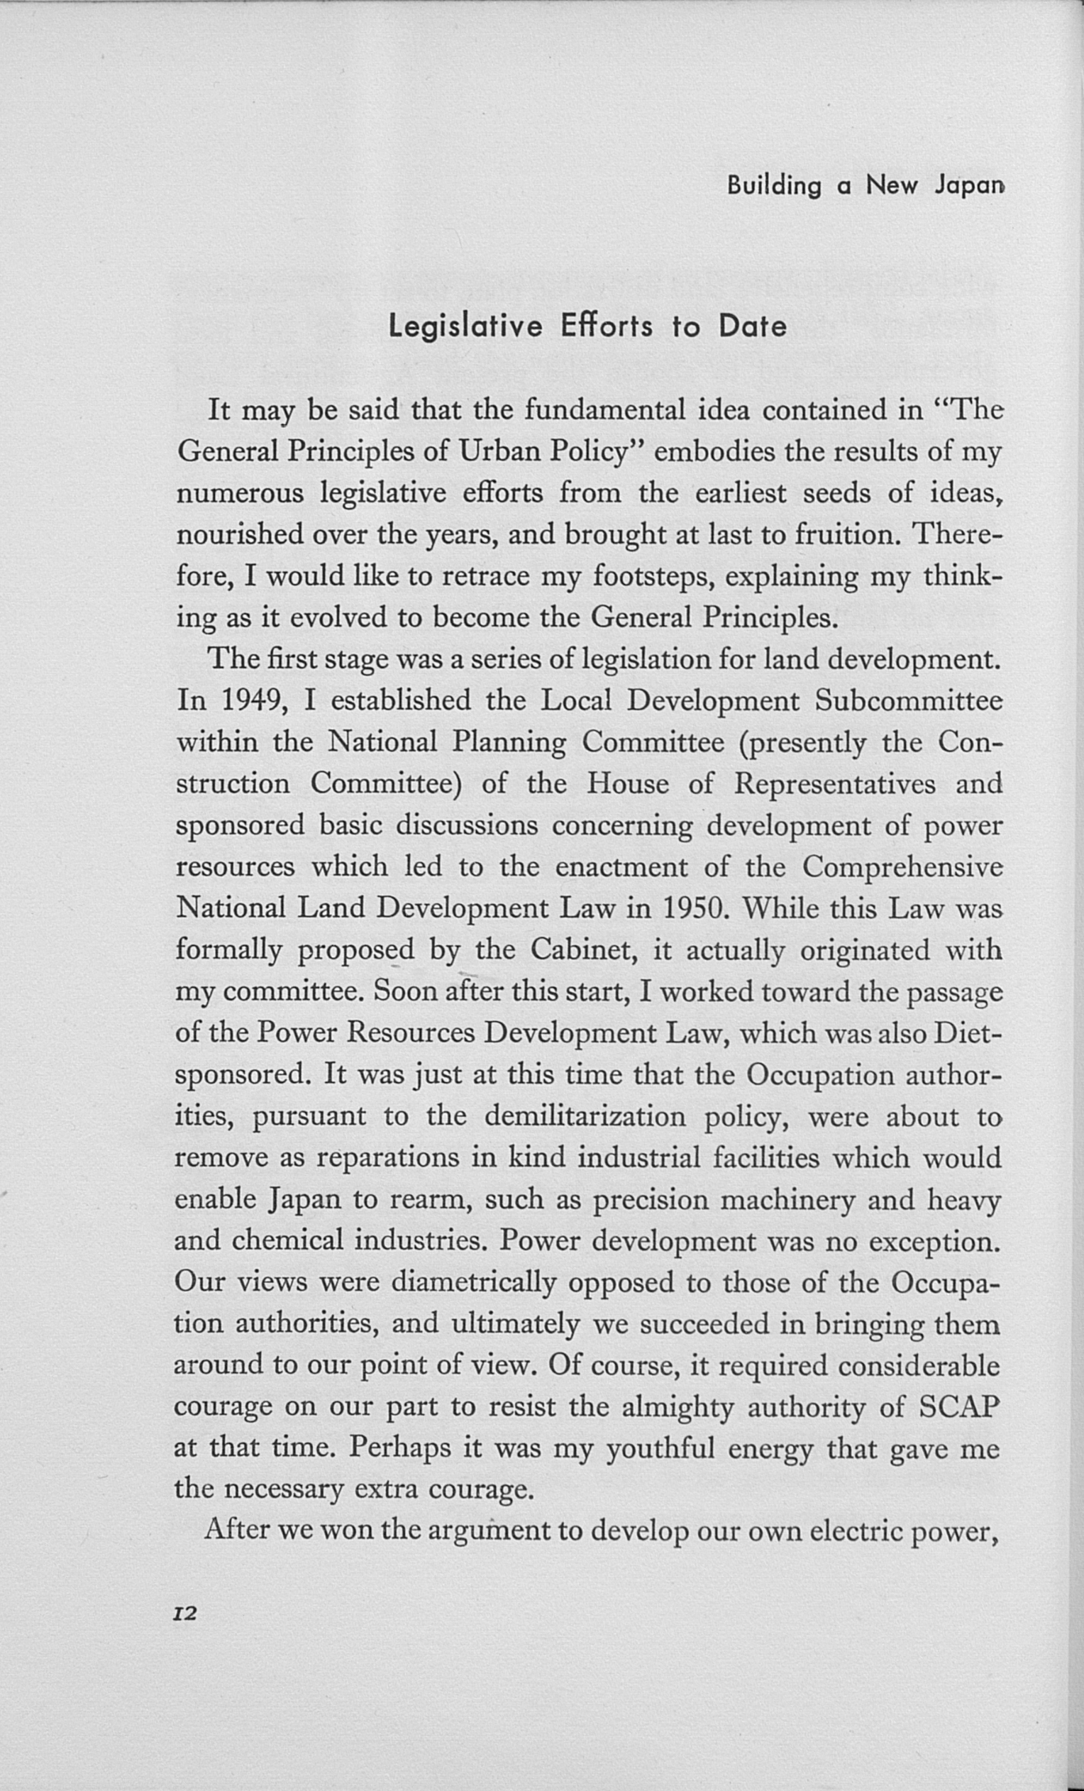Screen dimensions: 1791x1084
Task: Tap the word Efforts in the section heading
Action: pos(607,327)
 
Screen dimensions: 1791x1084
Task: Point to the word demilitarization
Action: pos(585,1116)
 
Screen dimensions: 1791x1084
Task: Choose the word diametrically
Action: pos(473,1283)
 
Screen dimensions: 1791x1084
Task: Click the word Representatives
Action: pos(835,784)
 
